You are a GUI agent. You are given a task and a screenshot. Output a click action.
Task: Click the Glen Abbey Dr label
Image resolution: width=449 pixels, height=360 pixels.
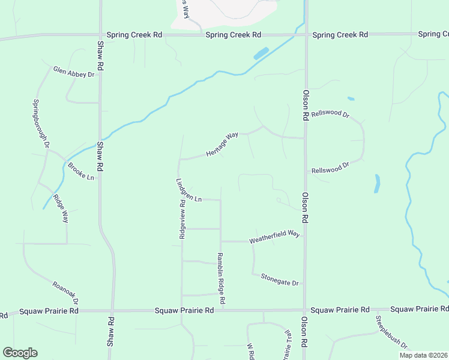click(x=74, y=72)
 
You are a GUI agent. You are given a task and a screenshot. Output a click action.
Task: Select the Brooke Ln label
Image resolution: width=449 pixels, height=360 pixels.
click(x=81, y=172)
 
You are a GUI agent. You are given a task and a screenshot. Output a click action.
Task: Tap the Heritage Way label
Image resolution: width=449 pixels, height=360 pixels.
click(x=222, y=145)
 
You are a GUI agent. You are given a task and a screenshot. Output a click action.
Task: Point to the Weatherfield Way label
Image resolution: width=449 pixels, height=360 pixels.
click(x=274, y=237)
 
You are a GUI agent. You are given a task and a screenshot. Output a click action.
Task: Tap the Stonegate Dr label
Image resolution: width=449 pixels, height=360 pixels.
click(x=279, y=279)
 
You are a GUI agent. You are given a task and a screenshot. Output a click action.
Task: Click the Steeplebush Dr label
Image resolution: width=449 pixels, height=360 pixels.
click(x=392, y=332)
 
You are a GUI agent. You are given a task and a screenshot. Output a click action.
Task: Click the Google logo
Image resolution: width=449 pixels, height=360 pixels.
click(x=20, y=353)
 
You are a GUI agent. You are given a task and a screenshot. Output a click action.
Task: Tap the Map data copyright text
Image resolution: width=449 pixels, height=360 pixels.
click(x=423, y=355)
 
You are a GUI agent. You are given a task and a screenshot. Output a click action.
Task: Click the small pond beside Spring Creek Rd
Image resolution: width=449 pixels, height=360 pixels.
click(x=261, y=53)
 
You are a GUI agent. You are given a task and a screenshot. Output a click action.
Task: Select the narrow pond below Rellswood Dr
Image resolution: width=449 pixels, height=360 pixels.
click(x=376, y=184)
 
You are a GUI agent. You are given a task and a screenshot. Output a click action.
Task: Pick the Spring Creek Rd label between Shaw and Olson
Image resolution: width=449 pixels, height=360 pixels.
click(x=234, y=35)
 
